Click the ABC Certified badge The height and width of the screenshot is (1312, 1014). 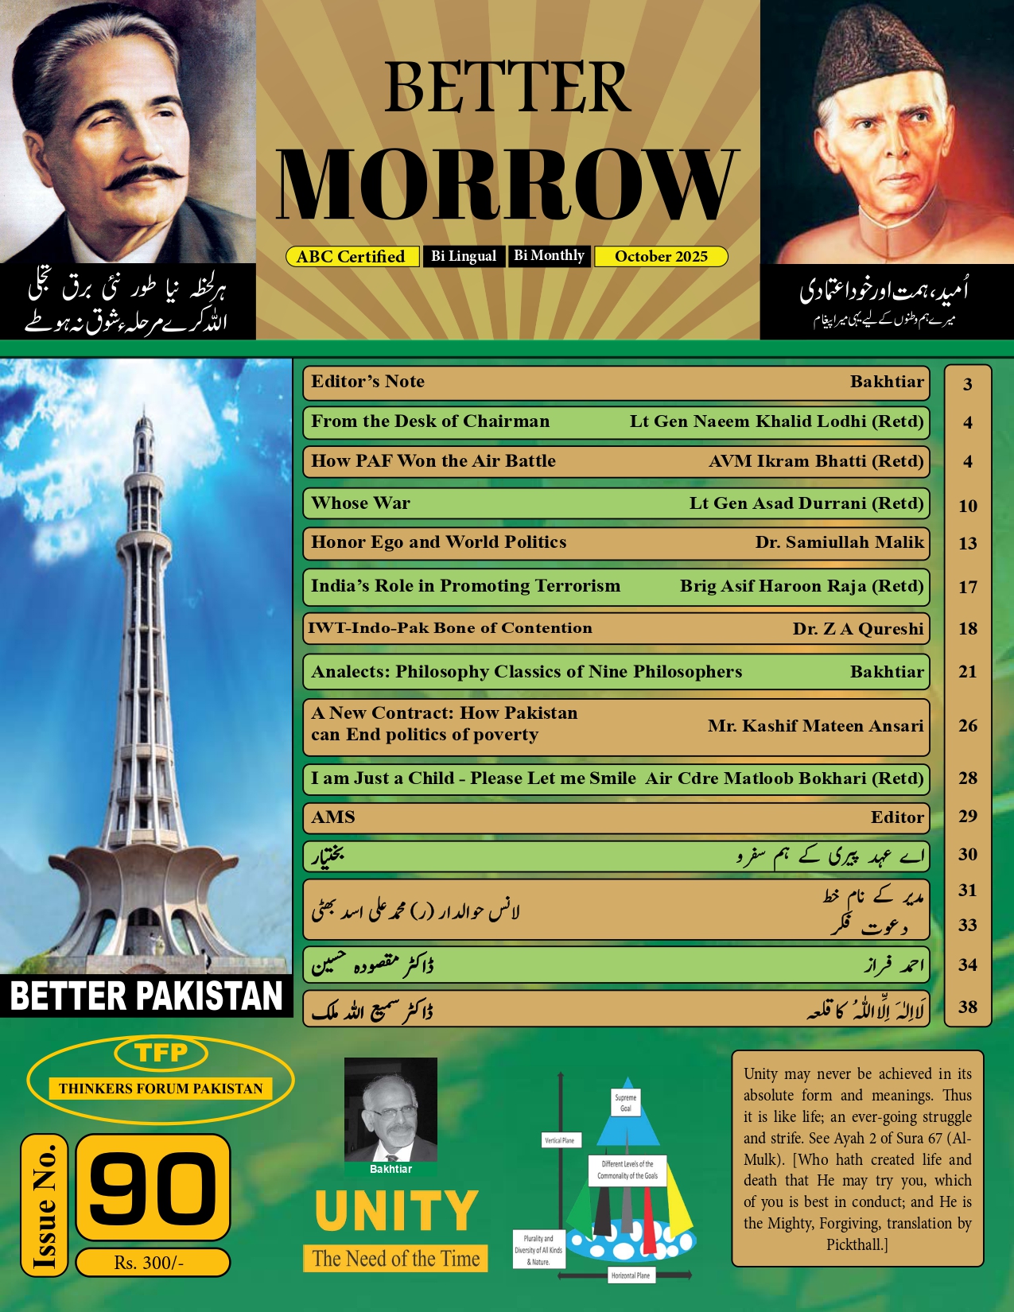[x=351, y=257]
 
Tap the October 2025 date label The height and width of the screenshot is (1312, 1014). [x=661, y=257]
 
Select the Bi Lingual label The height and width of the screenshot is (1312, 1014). [x=464, y=256]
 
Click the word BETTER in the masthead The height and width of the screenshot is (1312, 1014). [x=507, y=88]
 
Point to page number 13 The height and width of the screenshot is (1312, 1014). [x=967, y=544]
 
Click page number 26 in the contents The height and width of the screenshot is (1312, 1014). [x=967, y=726]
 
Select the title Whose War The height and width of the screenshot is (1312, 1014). [x=361, y=503]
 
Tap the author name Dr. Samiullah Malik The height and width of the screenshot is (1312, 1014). [x=839, y=542]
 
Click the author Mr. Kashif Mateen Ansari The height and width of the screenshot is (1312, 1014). [x=815, y=726]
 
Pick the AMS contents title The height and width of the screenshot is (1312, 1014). [x=333, y=817]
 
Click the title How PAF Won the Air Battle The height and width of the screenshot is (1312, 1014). [x=433, y=461]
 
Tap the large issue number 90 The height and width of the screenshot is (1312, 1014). [x=153, y=1187]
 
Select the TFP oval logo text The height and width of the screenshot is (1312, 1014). [x=161, y=1053]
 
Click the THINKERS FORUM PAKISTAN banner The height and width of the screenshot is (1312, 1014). [x=161, y=1089]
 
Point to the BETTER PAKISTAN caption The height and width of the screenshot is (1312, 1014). [x=146, y=996]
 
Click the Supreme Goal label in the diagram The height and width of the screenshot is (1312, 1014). [x=626, y=1103]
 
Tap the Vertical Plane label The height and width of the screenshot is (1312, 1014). [x=560, y=1140]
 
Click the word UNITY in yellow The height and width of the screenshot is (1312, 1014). [x=396, y=1211]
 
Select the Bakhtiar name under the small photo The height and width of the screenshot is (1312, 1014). [x=390, y=1169]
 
